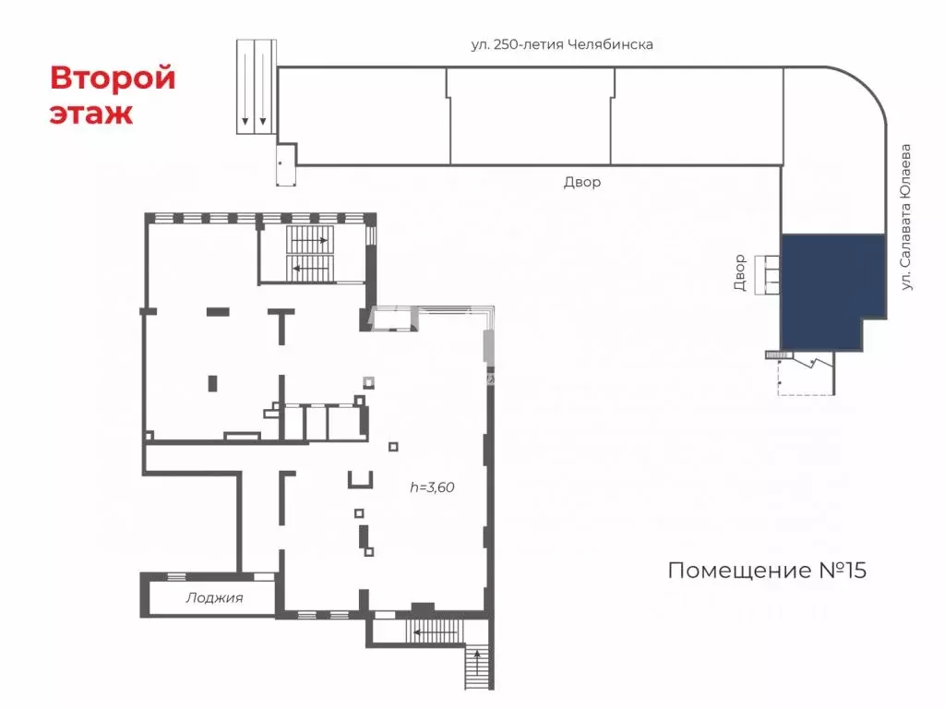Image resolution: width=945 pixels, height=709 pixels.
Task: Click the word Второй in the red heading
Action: click(x=113, y=78)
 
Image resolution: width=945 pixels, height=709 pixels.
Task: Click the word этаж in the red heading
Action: click(x=91, y=114)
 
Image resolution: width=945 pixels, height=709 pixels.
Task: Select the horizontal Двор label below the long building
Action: click(x=582, y=183)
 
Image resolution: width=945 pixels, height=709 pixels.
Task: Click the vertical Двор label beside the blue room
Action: click(x=739, y=272)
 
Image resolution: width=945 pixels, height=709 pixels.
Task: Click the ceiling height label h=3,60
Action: click(x=433, y=488)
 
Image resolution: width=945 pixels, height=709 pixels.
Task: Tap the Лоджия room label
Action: click(x=214, y=597)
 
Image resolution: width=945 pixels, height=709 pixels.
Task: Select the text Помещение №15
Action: click(x=767, y=571)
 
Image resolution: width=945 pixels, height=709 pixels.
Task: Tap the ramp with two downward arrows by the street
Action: click(x=256, y=87)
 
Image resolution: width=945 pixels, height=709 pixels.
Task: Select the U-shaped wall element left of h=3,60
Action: click(x=359, y=479)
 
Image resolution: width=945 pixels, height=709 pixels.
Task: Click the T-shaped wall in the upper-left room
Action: click(x=281, y=323)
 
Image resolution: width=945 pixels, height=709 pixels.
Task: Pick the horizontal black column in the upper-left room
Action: click(x=218, y=312)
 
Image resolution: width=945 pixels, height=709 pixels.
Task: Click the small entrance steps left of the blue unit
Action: click(x=767, y=274)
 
